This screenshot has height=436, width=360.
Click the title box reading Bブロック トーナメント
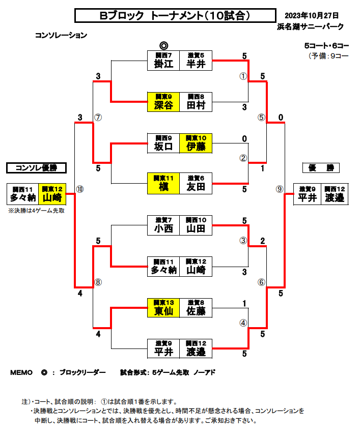coord(175,16)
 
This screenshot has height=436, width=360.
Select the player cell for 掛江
coord(163,61)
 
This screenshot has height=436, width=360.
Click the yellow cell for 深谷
coord(163,102)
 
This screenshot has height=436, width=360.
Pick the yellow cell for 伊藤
coord(196,143)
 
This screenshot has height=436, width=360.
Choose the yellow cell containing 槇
coord(163,184)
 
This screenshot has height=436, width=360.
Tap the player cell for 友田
coord(196,184)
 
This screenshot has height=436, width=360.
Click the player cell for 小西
coord(163,225)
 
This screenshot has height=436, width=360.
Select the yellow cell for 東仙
coord(163,307)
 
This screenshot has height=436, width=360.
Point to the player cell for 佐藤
coord(196,307)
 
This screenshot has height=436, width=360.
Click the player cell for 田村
coord(196,102)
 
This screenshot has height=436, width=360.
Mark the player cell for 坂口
coord(163,143)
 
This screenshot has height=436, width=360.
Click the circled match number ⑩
coord(79,189)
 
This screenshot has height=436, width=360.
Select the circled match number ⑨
coord(279,189)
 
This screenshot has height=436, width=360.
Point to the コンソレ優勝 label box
coord(36,168)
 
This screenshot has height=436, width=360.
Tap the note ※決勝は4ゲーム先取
coord(36,210)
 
